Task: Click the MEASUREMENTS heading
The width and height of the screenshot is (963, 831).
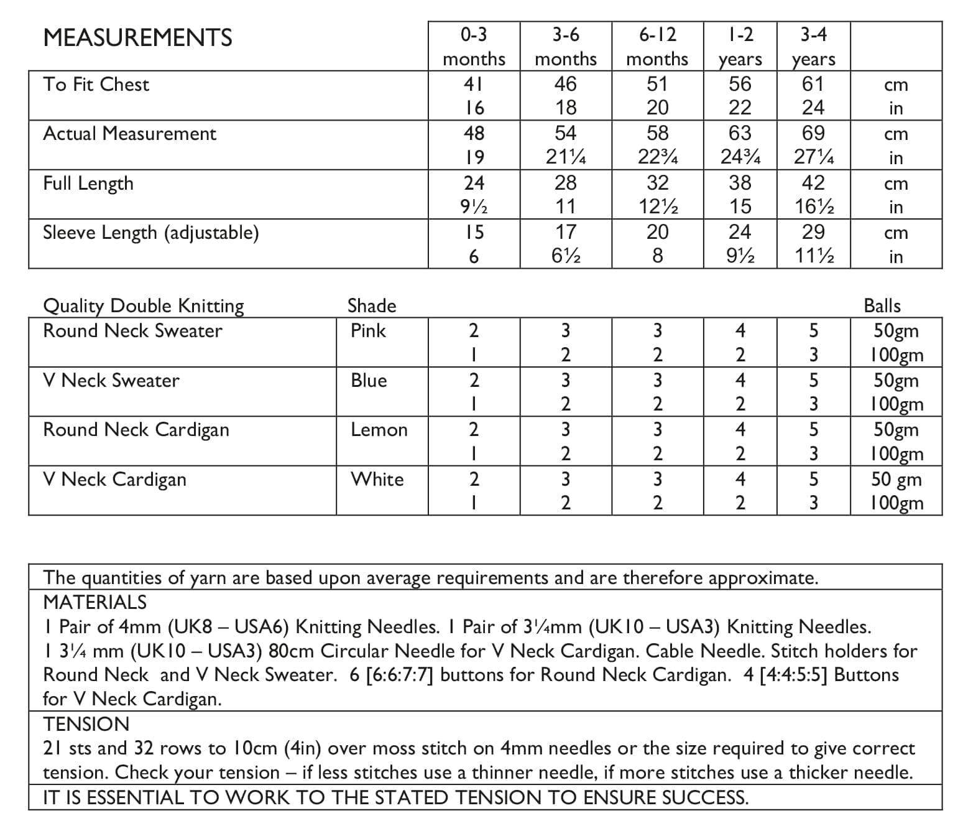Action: pyautogui.click(x=137, y=38)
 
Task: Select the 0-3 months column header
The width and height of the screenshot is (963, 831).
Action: pyautogui.click(x=474, y=47)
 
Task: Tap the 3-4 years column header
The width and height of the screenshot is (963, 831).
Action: pyautogui.click(x=813, y=47)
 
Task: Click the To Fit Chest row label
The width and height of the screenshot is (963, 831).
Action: pyautogui.click(x=96, y=85)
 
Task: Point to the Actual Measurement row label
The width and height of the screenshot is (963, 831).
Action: pyautogui.click(x=129, y=134)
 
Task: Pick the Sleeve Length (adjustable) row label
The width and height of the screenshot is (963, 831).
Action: pyautogui.click(x=150, y=233)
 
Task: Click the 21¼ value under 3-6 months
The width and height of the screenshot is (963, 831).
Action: pyautogui.click(x=565, y=157)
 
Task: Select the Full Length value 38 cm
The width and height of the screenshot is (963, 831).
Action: pyautogui.click(x=740, y=183)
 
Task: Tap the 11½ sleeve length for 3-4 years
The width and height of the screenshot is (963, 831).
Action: pyautogui.click(x=813, y=256)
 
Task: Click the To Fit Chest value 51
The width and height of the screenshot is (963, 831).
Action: pyautogui.click(x=657, y=84)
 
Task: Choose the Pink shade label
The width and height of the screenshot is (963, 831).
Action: pyautogui.click(x=368, y=330)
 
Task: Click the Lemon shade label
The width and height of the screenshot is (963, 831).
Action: pyautogui.click(x=379, y=430)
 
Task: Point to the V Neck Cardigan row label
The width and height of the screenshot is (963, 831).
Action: pyautogui.click(x=114, y=480)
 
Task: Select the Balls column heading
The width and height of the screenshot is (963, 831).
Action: pyautogui.click(x=882, y=305)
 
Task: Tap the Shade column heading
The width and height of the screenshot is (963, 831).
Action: pyautogui.click(x=371, y=305)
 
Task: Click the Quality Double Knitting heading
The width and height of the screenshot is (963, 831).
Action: pyautogui.click(x=144, y=305)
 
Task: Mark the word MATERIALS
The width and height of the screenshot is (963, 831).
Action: pyautogui.click(x=94, y=602)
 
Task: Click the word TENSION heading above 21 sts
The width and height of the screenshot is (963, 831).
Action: pyautogui.click(x=86, y=724)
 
